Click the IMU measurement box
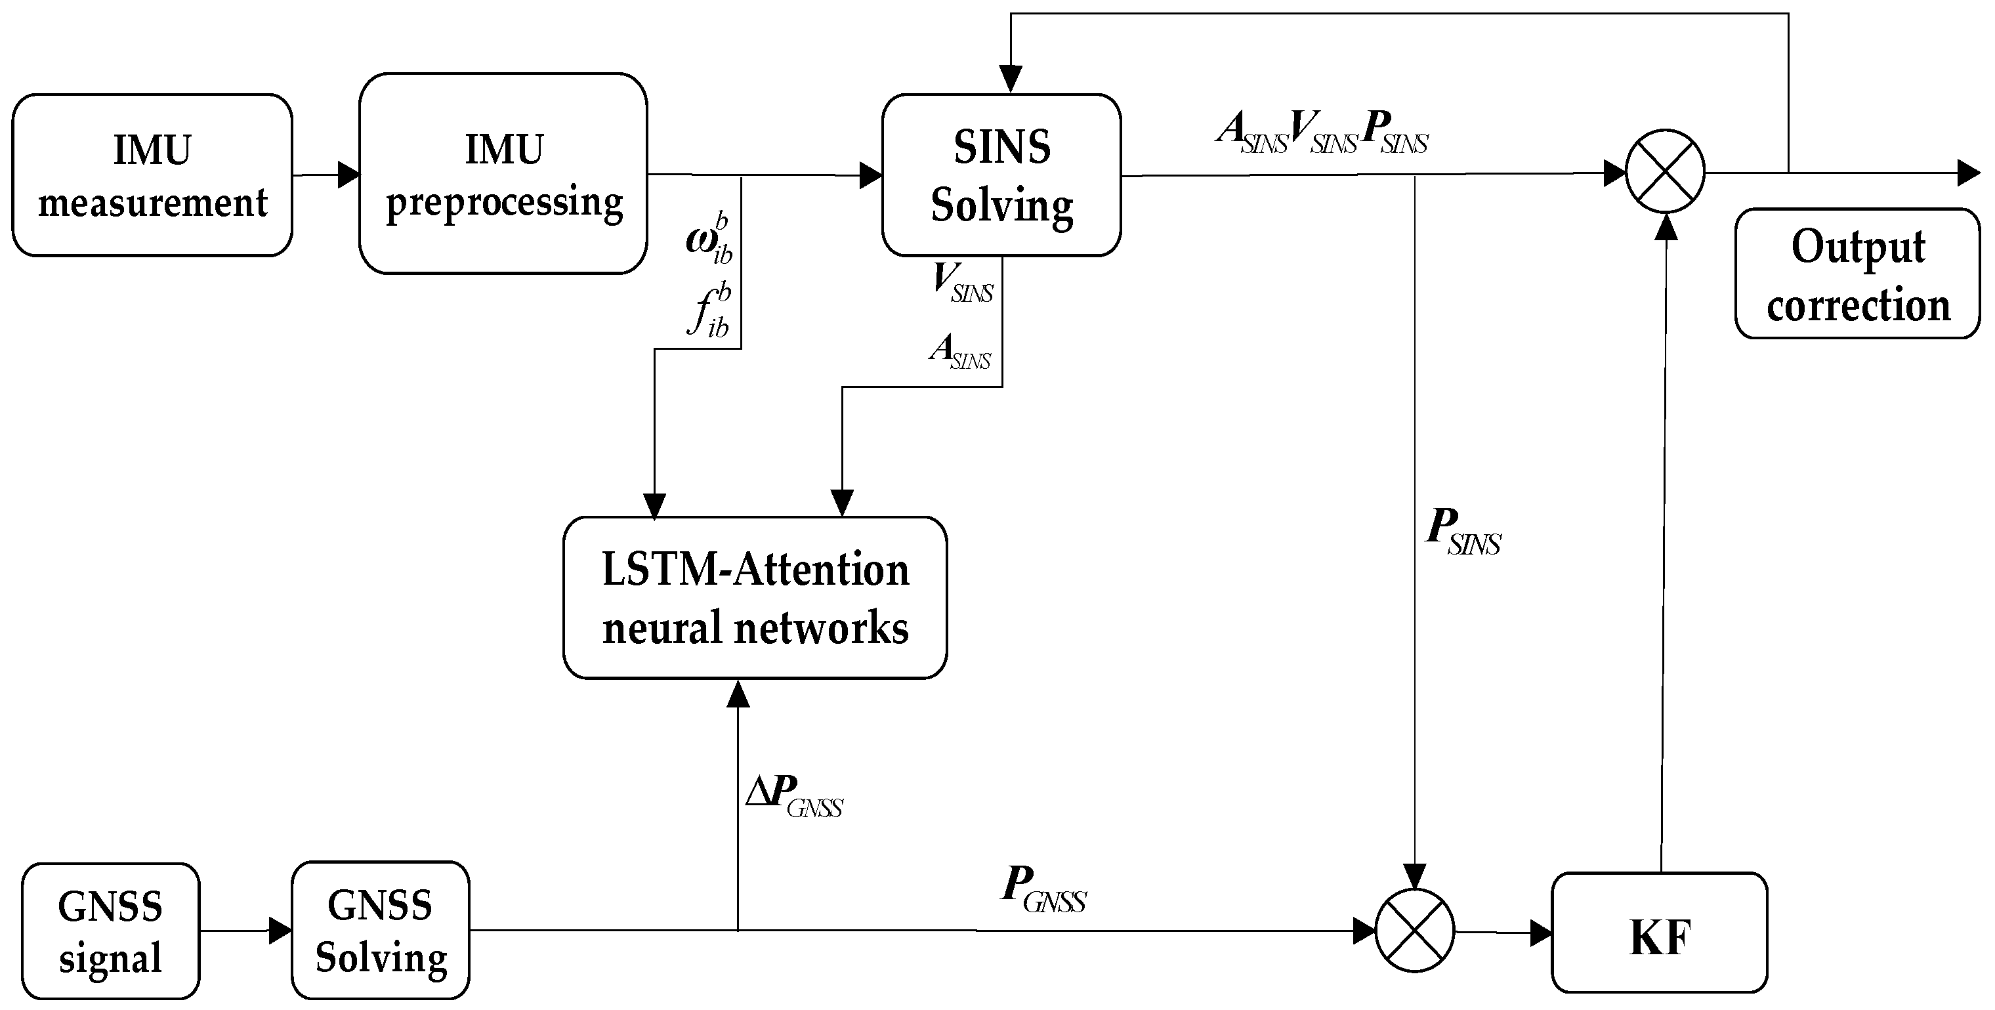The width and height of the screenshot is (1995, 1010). pos(152,175)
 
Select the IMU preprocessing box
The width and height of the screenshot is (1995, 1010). pos(503,173)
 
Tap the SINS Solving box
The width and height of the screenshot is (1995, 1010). pos(1001,175)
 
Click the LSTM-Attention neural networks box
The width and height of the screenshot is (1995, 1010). pos(755,598)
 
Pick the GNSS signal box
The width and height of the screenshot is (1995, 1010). pos(110,931)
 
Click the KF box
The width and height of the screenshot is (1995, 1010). pos(1659,933)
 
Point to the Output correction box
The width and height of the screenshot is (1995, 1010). pos(1857,274)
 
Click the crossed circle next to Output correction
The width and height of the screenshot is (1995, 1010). pos(1665,172)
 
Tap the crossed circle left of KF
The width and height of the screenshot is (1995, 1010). pos(1415,930)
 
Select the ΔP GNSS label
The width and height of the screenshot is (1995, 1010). pos(794,796)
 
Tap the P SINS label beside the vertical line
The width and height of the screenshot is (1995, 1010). pos(1462,532)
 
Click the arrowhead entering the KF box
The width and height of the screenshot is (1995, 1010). pos(1540,933)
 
